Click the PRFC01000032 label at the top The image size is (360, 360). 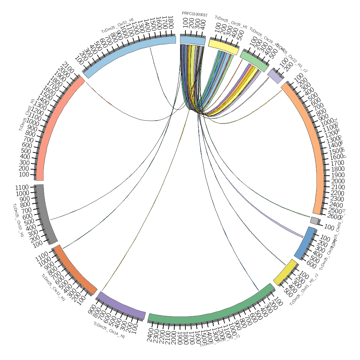(194, 14)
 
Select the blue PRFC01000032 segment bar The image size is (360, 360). (193, 41)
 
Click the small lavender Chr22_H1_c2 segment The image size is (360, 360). (274, 76)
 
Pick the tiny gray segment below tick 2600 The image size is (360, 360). (314, 221)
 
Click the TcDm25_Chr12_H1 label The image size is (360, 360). (53, 288)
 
